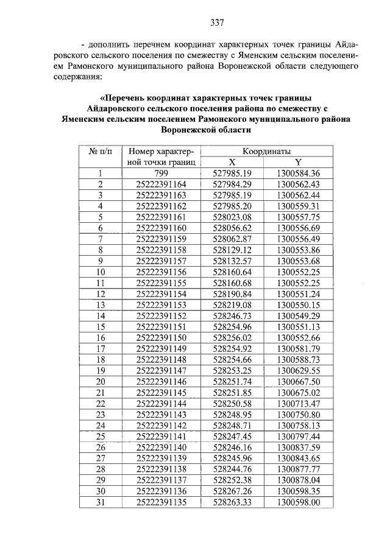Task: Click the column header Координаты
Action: [x=266, y=151]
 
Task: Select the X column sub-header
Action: [x=232, y=162]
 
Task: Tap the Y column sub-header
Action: [x=298, y=162]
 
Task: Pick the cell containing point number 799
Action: [x=161, y=173]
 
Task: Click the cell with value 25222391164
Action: [x=161, y=184]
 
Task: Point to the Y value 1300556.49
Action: [x=298, y=239]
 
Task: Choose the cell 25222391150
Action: [x=161, y=337]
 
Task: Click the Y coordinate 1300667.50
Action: [x=298, y=381]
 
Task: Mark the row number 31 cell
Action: [x=101, y=502]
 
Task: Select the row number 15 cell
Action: [x=101, y=326]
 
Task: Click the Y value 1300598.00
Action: [x=298, y=502]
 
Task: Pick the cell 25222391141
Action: [x=161, y=436]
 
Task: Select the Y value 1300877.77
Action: [x=298, y=469]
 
